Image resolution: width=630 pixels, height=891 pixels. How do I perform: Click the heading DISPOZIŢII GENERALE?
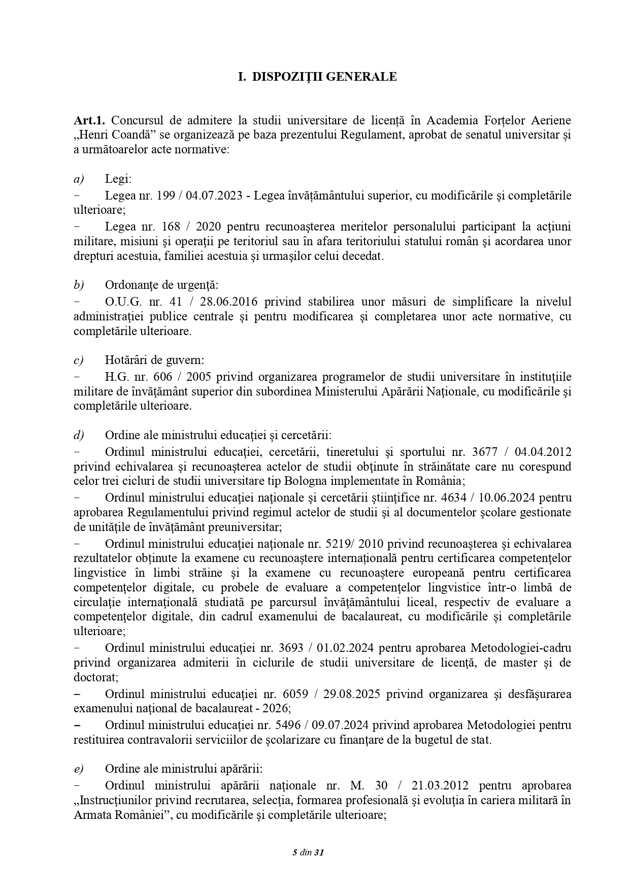click(324, 77)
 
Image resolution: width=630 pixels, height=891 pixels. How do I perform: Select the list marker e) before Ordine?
click(79, 769)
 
